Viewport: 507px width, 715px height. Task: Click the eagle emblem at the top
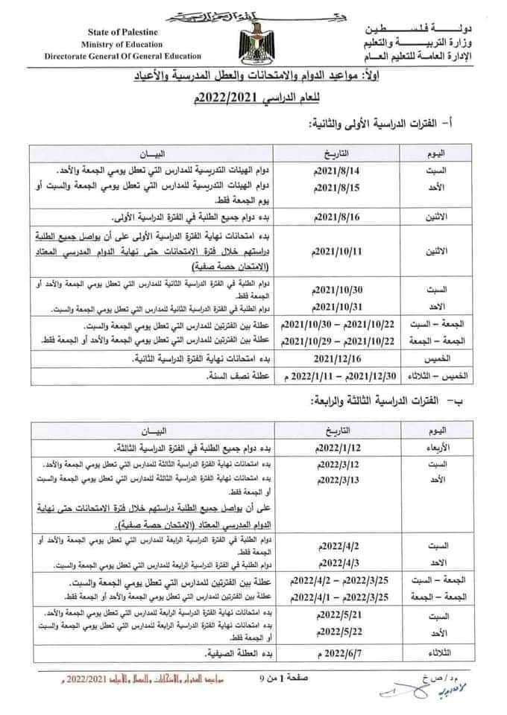point(254,41)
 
